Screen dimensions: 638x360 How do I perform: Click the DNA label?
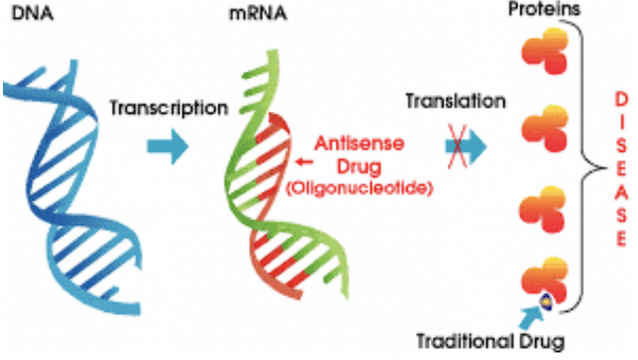tap(33, 13)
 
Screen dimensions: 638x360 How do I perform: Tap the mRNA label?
tap(258, 13)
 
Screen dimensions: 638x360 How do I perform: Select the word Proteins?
tap(544, 9)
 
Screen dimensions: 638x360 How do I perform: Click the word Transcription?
tap(168, 109)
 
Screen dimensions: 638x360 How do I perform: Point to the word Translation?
tap(456, 101)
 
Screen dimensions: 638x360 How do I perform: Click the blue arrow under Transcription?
tap(167, 147)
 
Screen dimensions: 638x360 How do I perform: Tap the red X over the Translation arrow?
tap(457, 147)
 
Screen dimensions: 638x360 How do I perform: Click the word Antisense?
tap(360, 144)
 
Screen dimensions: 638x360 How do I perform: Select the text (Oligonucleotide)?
tap(360, 188)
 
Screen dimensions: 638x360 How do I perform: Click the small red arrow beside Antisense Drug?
tap(304, 163)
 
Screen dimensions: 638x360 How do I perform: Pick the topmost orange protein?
tap(545, 51)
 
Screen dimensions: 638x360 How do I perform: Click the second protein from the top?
tap(545, 129)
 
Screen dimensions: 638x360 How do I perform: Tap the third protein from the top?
tap(544, 209)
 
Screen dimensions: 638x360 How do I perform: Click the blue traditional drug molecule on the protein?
tap(546, 302)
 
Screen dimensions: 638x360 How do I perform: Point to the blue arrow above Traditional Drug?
tap(530, 318)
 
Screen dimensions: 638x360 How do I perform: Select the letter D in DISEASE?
tap(621, 100)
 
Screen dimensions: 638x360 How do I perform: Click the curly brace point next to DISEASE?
tap(604, 168)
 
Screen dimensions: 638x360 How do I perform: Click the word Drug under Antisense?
tap(360, 167)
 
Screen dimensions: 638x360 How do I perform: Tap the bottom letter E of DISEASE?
tap(621, 239)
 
